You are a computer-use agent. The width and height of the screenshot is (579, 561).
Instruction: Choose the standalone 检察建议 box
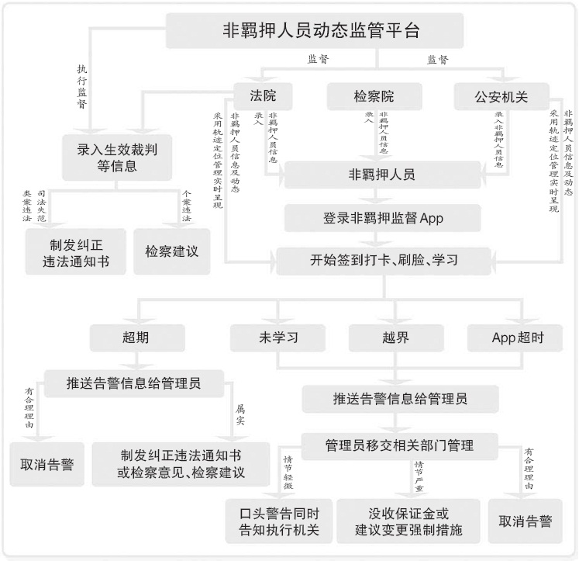pyautogui.click(x=172, y=251)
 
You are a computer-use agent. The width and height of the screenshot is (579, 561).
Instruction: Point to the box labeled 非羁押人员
pyautogui.click(x=382, y=175)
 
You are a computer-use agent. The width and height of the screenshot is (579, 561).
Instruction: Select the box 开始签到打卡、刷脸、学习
pyautogui.click(x=382, y=259)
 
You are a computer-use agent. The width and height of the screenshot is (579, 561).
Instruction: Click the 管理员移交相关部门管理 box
pyautogui.click(x=398, y=445)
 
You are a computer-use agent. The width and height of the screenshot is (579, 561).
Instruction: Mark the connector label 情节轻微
pyautogui.click(x=288, y=473)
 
